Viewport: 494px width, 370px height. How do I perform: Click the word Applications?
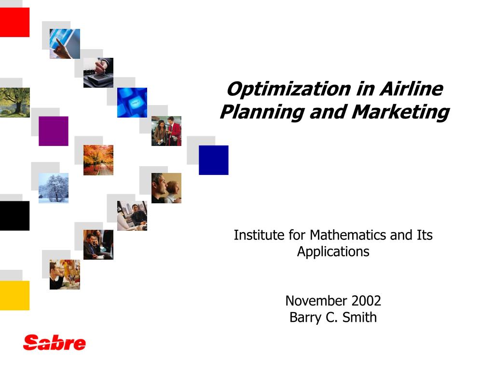pyautogui.click(x=333, y=251)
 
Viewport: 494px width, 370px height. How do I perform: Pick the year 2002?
pyautogui.click(x=366, y=301)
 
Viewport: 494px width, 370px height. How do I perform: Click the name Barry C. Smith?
pyautogui.click(x=333, y=317)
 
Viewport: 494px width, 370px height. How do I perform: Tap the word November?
pyautogui.click(x=316, y=301)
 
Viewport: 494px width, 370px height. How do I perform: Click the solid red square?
pyautogui.click(x=14, y=22)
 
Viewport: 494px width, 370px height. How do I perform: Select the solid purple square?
pyautogui.click(x=54, y=131)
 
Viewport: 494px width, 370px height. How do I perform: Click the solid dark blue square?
pyautogui.click(x=214, y=160)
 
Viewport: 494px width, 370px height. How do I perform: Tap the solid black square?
pyautogui.click(x=14, y=216)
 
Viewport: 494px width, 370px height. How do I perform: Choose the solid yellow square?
pyautogui.click(x=14, y=295)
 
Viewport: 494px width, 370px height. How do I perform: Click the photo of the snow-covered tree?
pyautogui.click(x=54, y=188)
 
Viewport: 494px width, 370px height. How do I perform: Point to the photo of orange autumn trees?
pyautogui.click(x=98, y=160)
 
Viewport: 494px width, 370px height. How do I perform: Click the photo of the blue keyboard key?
pyautogui.click(x=132, y=103)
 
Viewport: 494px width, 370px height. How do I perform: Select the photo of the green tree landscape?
pyautogui.click(x=14, y=103)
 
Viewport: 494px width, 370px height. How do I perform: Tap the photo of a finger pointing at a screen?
pyautogui.click(x=65, y=44)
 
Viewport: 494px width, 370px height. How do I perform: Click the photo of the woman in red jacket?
pyautogui.click(x=166, y=131)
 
